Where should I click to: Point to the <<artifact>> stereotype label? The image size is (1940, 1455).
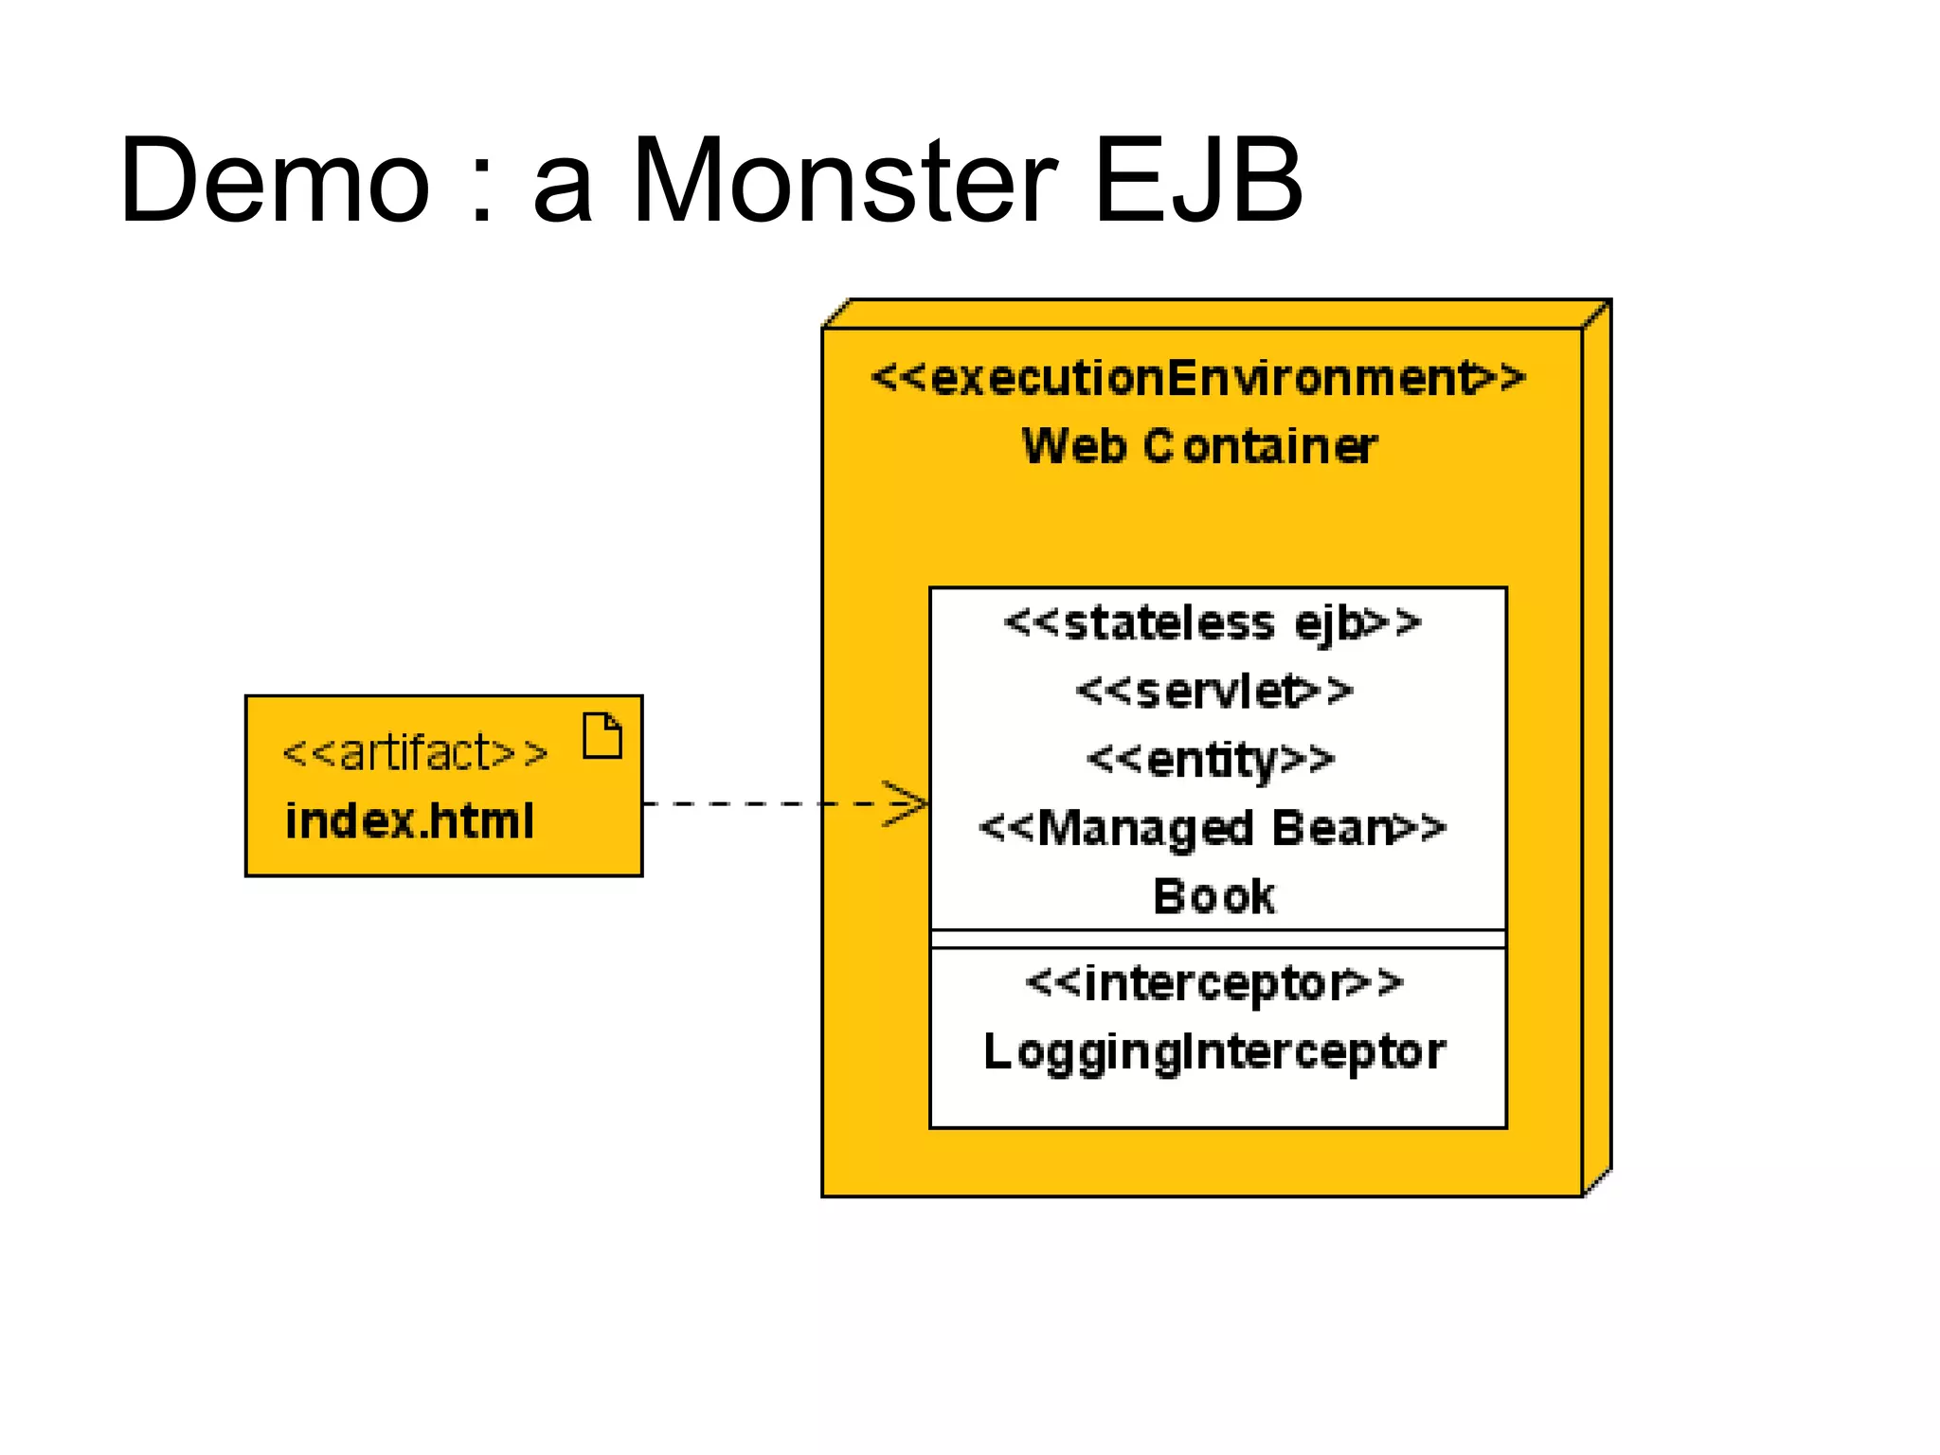[415, 753]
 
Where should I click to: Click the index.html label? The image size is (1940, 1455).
[409, 820]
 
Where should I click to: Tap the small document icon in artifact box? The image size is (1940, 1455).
[602, 736]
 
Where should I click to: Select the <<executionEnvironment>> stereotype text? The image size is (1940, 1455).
[1198, 378]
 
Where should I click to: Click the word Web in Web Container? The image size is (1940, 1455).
[1073, 445]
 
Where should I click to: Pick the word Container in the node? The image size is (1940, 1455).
[1260, 445]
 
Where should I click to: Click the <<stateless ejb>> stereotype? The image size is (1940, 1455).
[1212, 623]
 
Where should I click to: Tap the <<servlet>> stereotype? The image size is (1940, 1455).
[1214, 692]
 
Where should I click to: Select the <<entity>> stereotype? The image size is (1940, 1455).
[1211, 760]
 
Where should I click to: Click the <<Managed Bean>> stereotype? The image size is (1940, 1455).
[1212, 828]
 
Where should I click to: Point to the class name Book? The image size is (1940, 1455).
[1213, 896]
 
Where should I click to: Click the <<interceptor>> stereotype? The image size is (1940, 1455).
[1214, 982]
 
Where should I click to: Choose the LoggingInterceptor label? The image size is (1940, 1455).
[1214, 1051]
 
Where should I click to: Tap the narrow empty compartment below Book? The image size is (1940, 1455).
[1218, 939]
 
